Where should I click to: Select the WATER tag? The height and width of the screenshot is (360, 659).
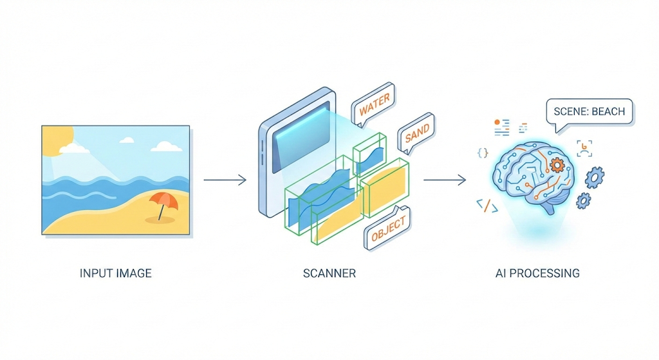[375, 106]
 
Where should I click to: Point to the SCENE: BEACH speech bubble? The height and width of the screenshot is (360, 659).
[589, 112]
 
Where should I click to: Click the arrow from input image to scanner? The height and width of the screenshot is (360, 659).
[225, 180]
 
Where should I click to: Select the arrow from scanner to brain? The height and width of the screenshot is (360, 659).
[444, 180]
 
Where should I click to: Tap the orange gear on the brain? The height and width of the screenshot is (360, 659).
[557, 165]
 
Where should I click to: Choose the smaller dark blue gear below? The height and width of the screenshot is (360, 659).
[583, 200]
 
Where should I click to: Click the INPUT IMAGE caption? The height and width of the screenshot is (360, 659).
[116, 273]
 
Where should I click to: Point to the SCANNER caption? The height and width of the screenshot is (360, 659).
[329, 273]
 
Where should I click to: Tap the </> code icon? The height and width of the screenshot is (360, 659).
[486, 205]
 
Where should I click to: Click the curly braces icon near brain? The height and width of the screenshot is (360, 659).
[483, 152]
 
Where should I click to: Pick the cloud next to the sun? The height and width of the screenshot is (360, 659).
[75, 149]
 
